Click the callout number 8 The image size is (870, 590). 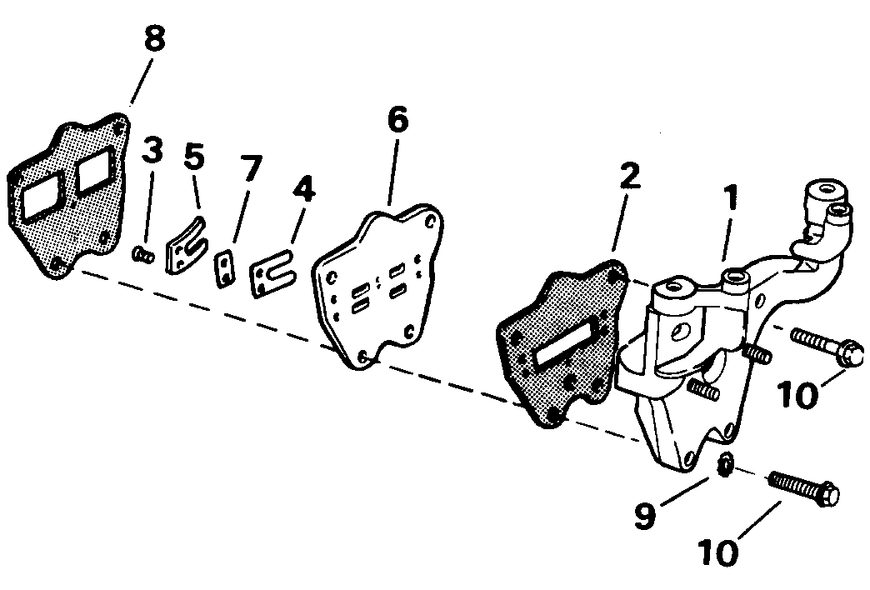coord(154,39)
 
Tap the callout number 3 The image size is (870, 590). coord(152,150)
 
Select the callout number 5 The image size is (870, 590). coord(194,156)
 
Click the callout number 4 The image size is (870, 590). coord(303,188)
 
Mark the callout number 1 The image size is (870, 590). coord(732,197)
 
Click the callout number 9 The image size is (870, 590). coord(645,515)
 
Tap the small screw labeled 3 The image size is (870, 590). coord(143,256)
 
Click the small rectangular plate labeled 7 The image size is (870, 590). coord(224,269)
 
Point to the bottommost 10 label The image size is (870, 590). coord(718,552)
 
